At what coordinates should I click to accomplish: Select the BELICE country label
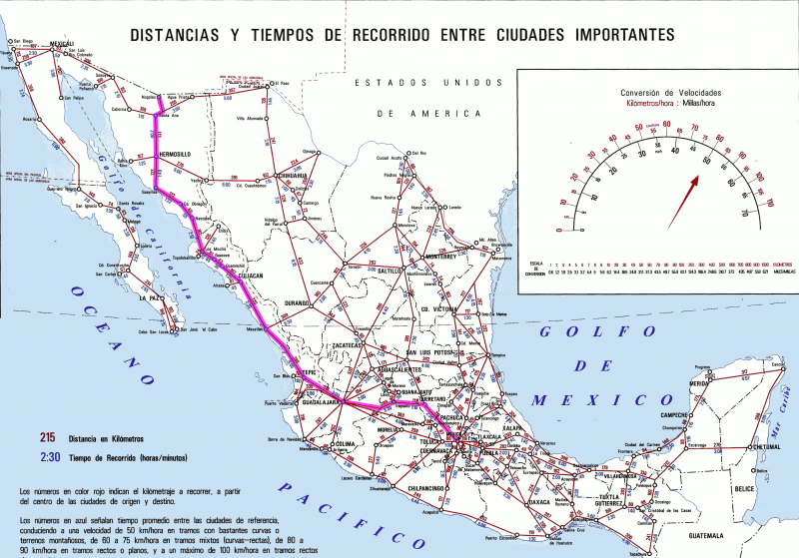point(743,489)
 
